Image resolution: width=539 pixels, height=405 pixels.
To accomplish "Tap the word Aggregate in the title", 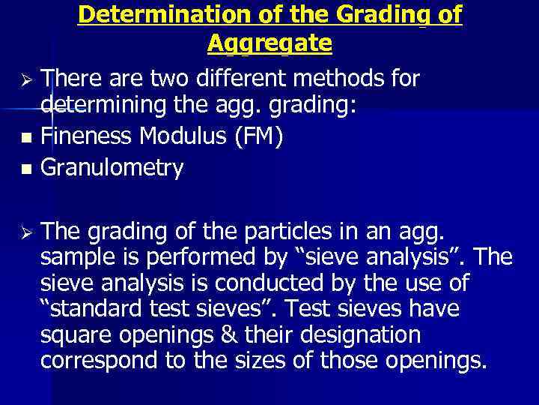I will (x=269, y=44).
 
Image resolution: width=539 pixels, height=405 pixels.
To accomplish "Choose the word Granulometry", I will (x=112, y=168).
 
